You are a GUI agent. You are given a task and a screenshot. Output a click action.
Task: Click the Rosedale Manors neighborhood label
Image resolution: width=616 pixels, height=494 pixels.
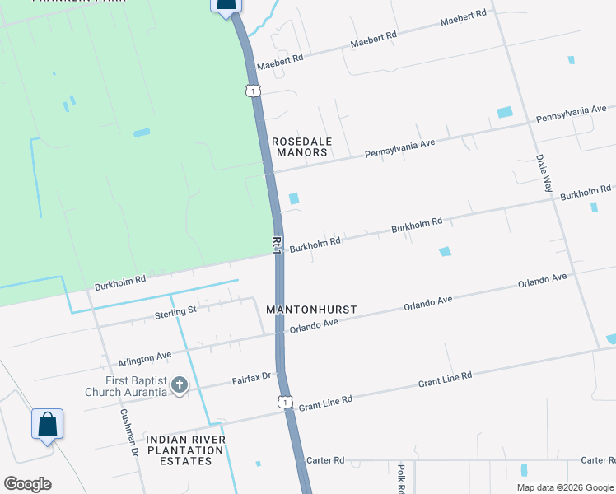(301, 147)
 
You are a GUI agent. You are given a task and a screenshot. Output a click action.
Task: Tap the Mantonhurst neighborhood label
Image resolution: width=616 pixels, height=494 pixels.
(311, 310)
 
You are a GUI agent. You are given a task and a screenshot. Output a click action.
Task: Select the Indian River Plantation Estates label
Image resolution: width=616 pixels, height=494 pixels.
(185, 450)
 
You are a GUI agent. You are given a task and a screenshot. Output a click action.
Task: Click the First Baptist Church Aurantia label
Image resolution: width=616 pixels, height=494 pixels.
(126, 386)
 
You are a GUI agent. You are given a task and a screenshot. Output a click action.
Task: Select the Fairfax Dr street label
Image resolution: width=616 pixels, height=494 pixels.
(251, 377)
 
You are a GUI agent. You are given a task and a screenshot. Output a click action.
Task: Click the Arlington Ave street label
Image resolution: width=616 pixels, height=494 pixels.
(144, 359)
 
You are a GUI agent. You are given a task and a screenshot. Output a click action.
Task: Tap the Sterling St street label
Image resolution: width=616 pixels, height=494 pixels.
(175, 311)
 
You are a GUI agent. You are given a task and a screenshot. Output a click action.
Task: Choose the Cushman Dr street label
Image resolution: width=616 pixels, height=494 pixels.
(128, 432)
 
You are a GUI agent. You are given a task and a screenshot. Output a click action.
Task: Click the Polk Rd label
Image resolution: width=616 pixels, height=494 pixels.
(401, 477)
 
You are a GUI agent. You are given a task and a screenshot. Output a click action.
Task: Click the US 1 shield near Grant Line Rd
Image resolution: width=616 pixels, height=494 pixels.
(284, 402)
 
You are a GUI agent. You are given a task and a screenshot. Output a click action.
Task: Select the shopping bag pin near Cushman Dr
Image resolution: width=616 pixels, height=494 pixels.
(47, 425)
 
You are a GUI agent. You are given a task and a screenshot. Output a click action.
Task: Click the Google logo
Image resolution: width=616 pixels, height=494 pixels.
(27, 484)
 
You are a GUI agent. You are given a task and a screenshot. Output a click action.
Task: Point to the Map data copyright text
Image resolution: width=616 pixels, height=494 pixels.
(565, 487)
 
